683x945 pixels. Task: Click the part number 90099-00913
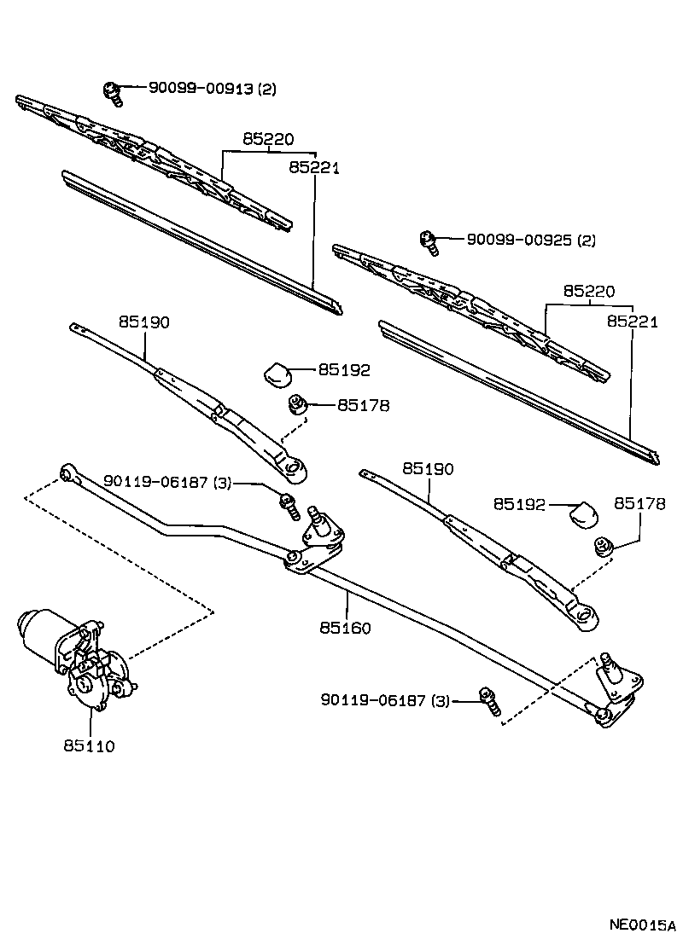[201, 88]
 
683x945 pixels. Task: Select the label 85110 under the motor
[88, 745]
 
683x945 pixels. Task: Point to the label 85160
[346, 628]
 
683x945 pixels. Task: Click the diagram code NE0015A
[641, 925]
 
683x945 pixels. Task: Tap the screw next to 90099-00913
[112, 92]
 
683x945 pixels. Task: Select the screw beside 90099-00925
[429, 244]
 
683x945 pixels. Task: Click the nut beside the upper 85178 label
[298, 404]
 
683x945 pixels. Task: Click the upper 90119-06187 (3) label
[166, 482]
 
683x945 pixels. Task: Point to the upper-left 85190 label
[144, 322]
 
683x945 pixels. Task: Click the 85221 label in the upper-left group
[314, 168]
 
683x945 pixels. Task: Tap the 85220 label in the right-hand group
[588, 291]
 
